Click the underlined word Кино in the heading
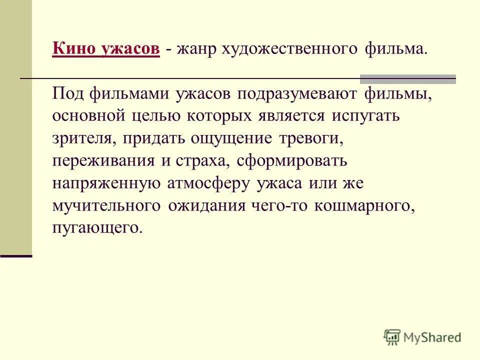pos(72,49)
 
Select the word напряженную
pos(106,183)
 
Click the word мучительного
pos(106,206)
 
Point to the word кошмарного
pos(364,206)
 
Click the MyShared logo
pos(422,337)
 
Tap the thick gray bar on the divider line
pos(408,78)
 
